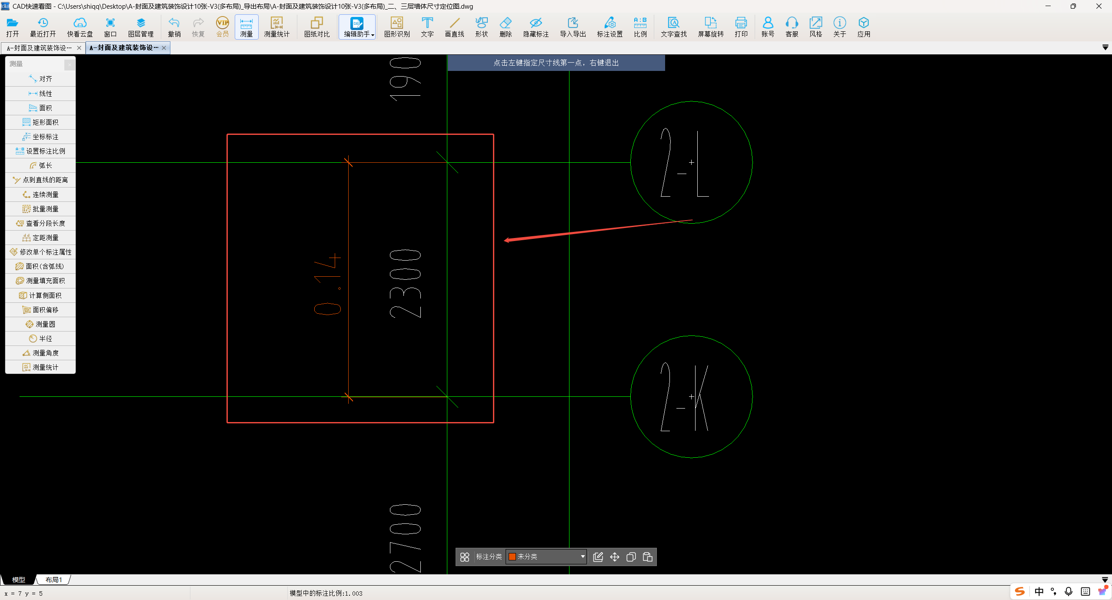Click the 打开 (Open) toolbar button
point(13,27)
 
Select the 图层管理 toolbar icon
point(141,27)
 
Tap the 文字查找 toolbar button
point(673,27)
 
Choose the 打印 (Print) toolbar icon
point(741,27)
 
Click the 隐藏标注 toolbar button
point(536,27)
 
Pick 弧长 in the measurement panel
point(40,165)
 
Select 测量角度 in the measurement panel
point(40,353)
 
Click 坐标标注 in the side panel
point(40,137)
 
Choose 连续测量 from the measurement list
point(40,194)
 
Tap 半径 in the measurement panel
point(40,339)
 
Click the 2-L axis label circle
point(631,162)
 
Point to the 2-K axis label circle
point(631,396)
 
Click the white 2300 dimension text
point(405,284)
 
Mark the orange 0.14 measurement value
point(327,284)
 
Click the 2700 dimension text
point(405,539)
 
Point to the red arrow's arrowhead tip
point(504,240)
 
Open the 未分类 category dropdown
point(546,556)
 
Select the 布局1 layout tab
point(54,580)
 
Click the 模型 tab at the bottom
point(19,580)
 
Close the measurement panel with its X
point(70,64)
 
